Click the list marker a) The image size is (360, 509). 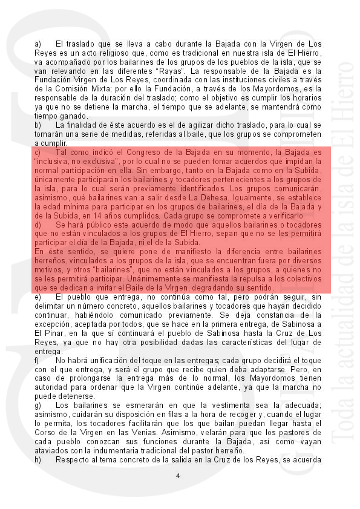click(x=38, y=44)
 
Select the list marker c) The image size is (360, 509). click(x=38, y=153)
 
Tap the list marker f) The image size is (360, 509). click(x=38, y=360)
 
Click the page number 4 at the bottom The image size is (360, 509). click(x=178, y=476)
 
